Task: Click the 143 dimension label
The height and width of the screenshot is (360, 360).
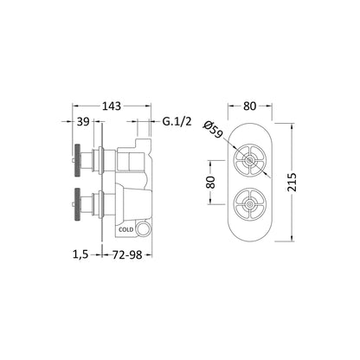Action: (112, 106)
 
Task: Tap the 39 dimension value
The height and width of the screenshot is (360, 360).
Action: (83, 122)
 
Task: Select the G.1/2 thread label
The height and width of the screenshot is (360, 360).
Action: (177, 122)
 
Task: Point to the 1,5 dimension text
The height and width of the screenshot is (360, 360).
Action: (80, 254)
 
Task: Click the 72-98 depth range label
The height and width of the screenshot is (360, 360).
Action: (127, 254)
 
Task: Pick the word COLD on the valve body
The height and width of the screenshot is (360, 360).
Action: (126, 229)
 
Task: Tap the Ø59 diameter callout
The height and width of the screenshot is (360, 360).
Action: (213, 129)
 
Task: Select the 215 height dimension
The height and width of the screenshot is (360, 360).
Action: (292, 182)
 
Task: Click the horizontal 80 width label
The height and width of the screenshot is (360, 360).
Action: (249, 106)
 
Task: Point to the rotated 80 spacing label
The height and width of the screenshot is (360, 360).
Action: (211, 182)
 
